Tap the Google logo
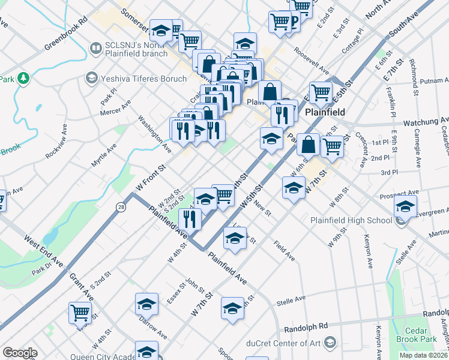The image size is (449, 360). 20,353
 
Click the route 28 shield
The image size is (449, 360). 121,205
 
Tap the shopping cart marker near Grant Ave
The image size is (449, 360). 80,312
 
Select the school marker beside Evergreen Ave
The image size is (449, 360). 405,206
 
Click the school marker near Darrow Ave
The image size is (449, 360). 146,304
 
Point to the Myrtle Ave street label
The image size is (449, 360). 104,155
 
